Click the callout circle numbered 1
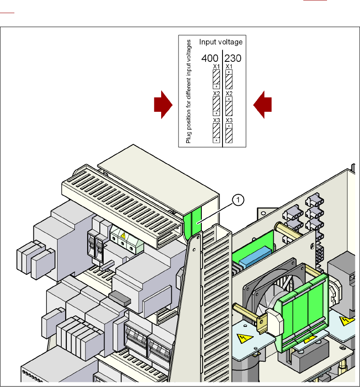[x=238, y=200]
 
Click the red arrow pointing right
[x=163, y=105]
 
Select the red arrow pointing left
[x=262, y=105]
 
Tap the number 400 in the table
[x=210, y=58]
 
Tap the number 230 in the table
[x=233, y=58]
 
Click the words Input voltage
[x=221, y=42]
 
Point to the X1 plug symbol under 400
[x=216, y=79]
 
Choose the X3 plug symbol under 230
[x=229, y=133]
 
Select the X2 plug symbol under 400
[x=216, y=106]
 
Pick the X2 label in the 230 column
[x=229, y=94]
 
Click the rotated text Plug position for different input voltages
[x=189, y=91]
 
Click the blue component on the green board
[x=255, y=257]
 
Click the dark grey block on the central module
[x=120, y=298]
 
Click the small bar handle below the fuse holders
[x=107, y=265]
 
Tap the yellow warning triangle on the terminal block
[x=123, y=236]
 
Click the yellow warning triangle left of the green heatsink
[x=245, y=338]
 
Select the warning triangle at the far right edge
[x=347, y=321]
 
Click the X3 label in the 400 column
[x=216, y=120]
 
